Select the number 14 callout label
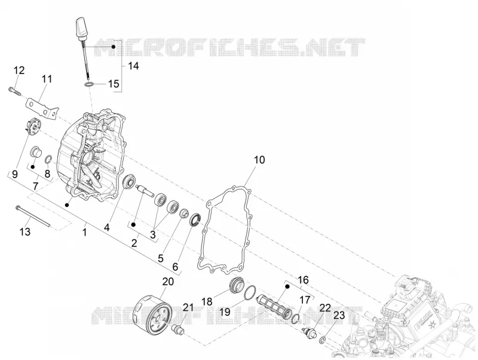pyautogui.click(x=133, y=66)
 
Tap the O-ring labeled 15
pyautogui.click(x=89, y=84)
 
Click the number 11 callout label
pyautogui.click(x=47, y=80)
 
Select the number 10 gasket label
pyautogui.click(x=259, y=160)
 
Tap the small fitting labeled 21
pyautogui.click(x=178, y=331)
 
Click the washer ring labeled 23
pyautogui.click(x=323, y=339)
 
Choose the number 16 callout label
pyautogui.click(x=303, y=279)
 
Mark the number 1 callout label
pyautogui.click(x=85, y=232)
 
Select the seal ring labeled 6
pyautogui.click(x=195, y=220)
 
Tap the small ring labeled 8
pyautogui.click(x=49, y=158)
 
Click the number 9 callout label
pyautogui.click(x=15, y=175)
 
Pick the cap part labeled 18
pyautogui.click(x=237, y=284)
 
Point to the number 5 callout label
pyautogui.click(x=161, y=258)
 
